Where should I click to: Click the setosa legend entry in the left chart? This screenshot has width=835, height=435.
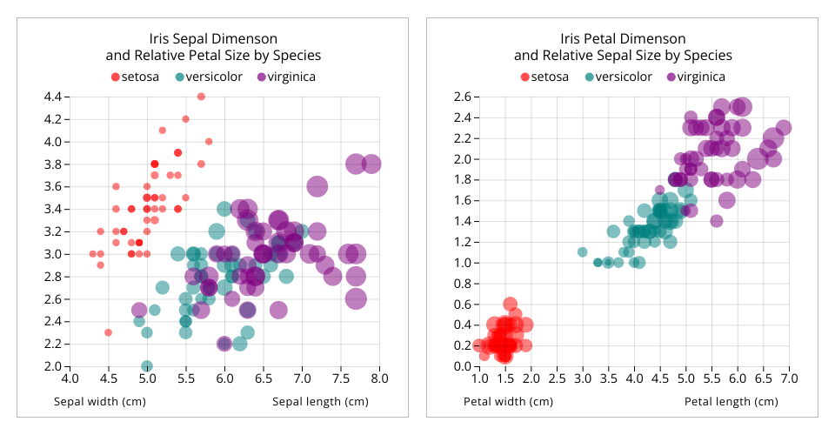(x=135, y=77)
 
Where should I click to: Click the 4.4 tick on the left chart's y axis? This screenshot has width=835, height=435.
(x=52, y=97)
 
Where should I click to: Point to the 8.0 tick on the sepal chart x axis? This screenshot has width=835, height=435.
(x=379, y=378)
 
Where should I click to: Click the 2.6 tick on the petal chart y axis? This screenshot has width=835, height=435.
(x=461, y=97)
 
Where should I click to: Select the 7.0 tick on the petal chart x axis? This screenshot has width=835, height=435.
(x=789, y=378)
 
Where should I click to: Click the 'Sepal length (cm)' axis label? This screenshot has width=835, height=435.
(x=320, y=402)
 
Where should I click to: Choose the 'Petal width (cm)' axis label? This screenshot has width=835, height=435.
(x=507, y=402)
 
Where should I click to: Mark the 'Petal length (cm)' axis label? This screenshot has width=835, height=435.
(x=731, y=402)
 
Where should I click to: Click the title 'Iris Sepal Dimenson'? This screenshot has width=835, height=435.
(x=213, y=39)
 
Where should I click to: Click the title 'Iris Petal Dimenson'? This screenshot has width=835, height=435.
(x=623, y=39)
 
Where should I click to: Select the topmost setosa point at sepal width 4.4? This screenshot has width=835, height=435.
(x=201, y=97)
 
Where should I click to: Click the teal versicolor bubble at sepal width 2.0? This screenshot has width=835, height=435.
(x=147, y=366)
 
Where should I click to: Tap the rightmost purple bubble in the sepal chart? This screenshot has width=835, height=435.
(x=371, y=164)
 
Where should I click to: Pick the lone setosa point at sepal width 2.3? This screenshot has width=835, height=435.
(x=108, y=332)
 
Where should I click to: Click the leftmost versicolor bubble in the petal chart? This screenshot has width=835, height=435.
(x=582, y=252)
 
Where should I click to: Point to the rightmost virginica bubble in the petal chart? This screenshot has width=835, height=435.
(x=784, y=128)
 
